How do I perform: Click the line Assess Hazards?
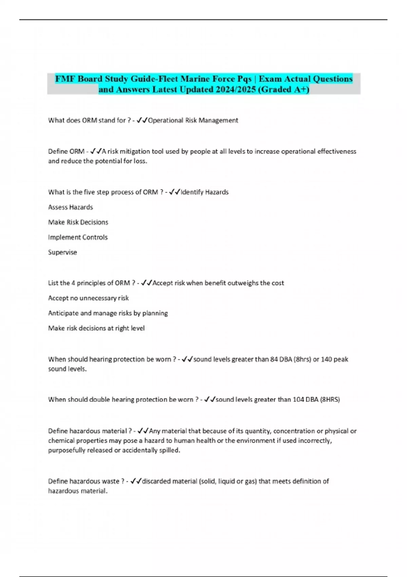(x=71, y=207)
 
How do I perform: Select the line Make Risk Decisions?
(x=78, y=222)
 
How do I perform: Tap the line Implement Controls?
(x=78, y=237)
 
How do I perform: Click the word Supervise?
(x=62, y=253)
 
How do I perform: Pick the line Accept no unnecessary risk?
(x=88, y=298)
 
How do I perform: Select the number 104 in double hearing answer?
(x=298, y=399)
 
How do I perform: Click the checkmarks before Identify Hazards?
(x=174, y=192)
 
